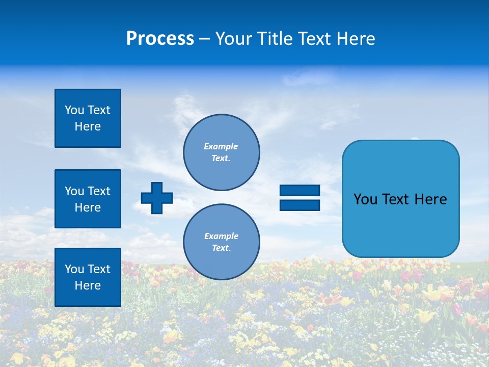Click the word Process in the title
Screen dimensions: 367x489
(x=160, y=39)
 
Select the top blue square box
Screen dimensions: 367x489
(x=88, y=118)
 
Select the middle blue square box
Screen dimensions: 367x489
(x=88, y=199)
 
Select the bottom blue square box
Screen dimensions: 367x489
(x=88, y=277)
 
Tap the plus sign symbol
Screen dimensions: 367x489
(x=157, y=198)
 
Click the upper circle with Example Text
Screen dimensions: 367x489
(x=222, y=152)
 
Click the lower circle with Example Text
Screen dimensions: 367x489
(x=222, y=242)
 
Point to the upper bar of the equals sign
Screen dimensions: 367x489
(x=300, y=191)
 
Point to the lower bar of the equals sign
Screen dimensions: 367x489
(x=300, y=205)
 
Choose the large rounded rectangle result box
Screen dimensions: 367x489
(x=400, y=199)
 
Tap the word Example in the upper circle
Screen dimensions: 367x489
(x=221, y=146)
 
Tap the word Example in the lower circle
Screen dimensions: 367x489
(x=221, y=236)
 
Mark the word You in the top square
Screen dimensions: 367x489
(x=74, y=110)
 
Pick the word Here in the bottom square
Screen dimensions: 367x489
(x=88, y=285)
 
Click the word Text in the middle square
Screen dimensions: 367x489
(x=99, y=191)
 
